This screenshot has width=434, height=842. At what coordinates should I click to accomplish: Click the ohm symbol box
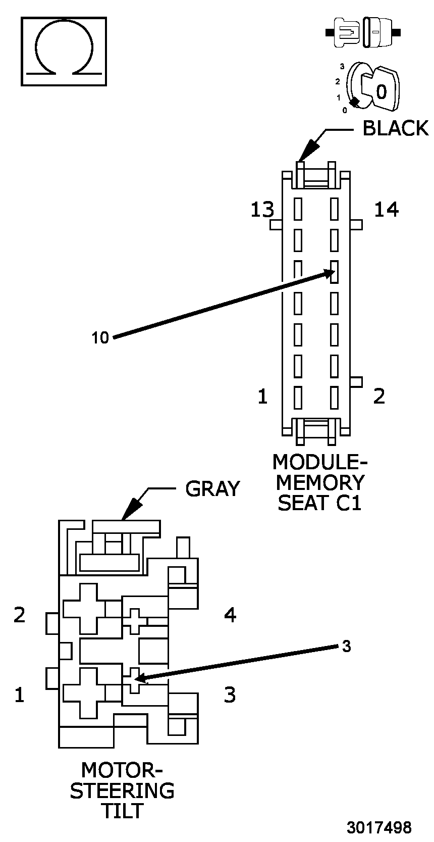coord(64,51)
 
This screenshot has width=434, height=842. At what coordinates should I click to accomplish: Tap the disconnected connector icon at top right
coord(363,33)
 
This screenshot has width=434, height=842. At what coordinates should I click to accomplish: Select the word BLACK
coord(395,128)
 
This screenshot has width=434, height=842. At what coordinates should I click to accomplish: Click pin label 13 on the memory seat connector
coord(262,209)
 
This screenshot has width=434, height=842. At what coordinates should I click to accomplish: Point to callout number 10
coord(100,337)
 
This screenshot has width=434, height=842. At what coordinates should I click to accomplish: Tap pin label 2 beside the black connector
coord(379,397)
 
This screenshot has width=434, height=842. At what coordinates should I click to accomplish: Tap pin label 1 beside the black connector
coord(262,397)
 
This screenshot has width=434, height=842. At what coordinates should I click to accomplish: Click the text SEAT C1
coord(320,503)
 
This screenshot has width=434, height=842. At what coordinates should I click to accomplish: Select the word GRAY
coord(212,488)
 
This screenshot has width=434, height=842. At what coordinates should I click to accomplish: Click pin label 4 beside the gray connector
coord(230,615)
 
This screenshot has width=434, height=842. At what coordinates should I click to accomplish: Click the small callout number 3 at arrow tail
coord(346,646)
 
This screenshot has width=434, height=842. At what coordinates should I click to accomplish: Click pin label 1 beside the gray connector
coord(19,696)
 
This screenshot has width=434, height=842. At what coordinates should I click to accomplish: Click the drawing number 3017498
coord(378,827)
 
